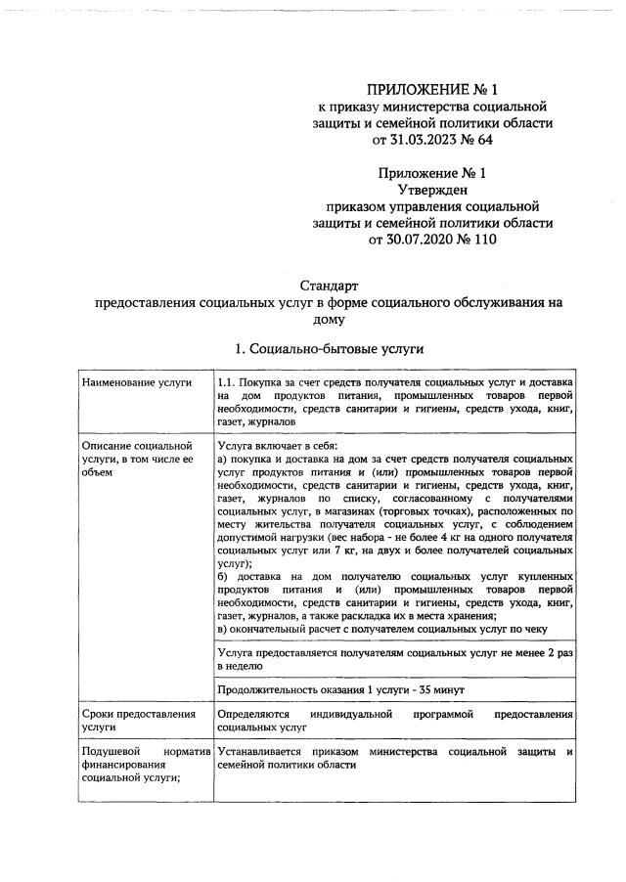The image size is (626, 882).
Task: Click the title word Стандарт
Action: point(329,287)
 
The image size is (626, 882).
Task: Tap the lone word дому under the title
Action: point(329,319)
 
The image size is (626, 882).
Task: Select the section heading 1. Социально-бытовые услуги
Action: point(329,349)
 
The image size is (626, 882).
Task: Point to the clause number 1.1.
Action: point(227,381)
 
